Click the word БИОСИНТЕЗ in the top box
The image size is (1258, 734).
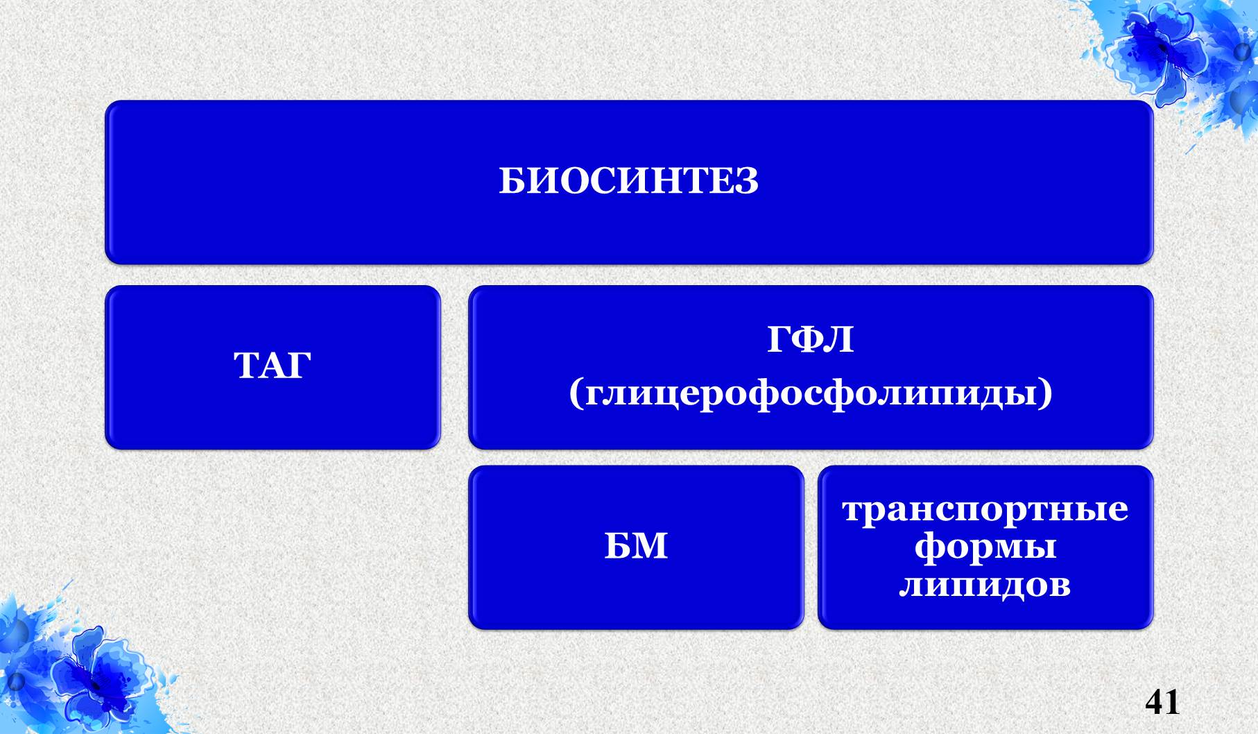click(x=628, y=182)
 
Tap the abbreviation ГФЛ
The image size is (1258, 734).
click(x=810, y=340)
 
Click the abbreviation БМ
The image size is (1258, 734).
click(x=636, y=545)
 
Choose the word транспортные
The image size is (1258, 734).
click(x=985, y=510)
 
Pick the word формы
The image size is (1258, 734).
click(x=985, y=548)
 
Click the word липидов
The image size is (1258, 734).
click(x=985, y=586)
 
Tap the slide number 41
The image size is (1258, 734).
click(x=1162, y=701)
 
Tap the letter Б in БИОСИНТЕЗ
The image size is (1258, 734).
click(x=512, y=182)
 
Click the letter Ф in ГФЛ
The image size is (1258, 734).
click(x=810, y=340)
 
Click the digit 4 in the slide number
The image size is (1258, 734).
click(x=1154, y=701)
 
